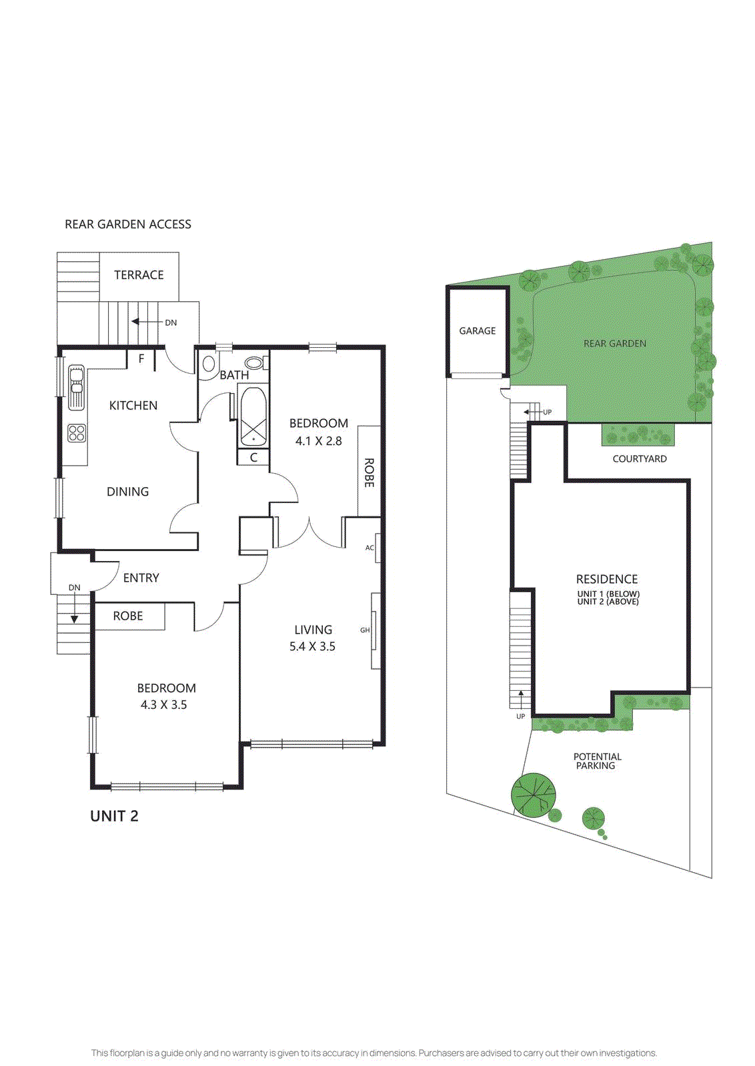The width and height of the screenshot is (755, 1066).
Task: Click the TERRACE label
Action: (x=139, y=274)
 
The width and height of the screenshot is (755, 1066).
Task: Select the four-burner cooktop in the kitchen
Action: (x=77, y=433)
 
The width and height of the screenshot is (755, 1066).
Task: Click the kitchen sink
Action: (x=77, y=386)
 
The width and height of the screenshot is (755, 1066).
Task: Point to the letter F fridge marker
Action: (x=141, y=358)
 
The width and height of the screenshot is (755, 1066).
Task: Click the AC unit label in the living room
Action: (x=369, y=548)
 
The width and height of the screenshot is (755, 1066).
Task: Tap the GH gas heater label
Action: (x=365, y=630)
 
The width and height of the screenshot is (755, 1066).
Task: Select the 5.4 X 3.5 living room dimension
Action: (x=312, y=646)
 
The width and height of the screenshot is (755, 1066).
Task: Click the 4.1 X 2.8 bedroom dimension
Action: (x=319, y=440)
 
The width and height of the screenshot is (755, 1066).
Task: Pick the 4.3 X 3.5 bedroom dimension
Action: (x=163, y=704)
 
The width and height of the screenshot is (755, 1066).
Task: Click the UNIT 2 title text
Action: (x=114, y=816)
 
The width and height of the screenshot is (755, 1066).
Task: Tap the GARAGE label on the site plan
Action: (x=478, y=330)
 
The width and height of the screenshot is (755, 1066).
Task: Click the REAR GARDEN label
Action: (x=614, y=343)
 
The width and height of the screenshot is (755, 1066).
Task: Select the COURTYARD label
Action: (x=640, y=458)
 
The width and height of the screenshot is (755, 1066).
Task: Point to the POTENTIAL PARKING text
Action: (x=597, y=761)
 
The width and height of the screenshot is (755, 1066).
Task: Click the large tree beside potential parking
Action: (x=533, y=795)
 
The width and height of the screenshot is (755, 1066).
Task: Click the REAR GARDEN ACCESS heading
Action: (x=128, y=225)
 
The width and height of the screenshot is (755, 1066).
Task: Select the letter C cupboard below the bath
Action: (x=253, y=458)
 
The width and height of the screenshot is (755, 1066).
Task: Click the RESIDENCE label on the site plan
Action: (x=607, y=579)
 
